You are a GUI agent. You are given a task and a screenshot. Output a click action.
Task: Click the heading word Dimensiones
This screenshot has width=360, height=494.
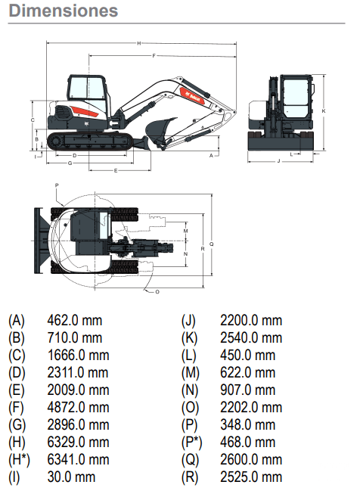(x=64, y=11)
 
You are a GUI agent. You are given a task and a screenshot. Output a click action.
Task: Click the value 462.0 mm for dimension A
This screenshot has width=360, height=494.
(x=75, y=321)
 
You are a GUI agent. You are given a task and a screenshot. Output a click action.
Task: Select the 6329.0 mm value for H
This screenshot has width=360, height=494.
(x=78, y=442)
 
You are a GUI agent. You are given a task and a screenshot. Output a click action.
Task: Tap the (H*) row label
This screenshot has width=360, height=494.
(x=19, y=460)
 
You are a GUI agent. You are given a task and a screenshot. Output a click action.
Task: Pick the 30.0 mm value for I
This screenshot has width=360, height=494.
(x=71, y=477)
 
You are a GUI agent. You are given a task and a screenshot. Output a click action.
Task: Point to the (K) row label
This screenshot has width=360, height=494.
(x=189, y=338)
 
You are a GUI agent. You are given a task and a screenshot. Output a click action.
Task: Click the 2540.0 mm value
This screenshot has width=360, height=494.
(x=251, y=337)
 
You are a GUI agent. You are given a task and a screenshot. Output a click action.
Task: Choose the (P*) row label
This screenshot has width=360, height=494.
(x=191, y=443)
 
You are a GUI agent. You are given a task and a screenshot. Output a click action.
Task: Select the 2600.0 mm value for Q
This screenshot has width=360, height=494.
(x=251, y=459)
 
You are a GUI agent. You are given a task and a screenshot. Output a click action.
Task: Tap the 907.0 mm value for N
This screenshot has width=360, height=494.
(x=247, y=390)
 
